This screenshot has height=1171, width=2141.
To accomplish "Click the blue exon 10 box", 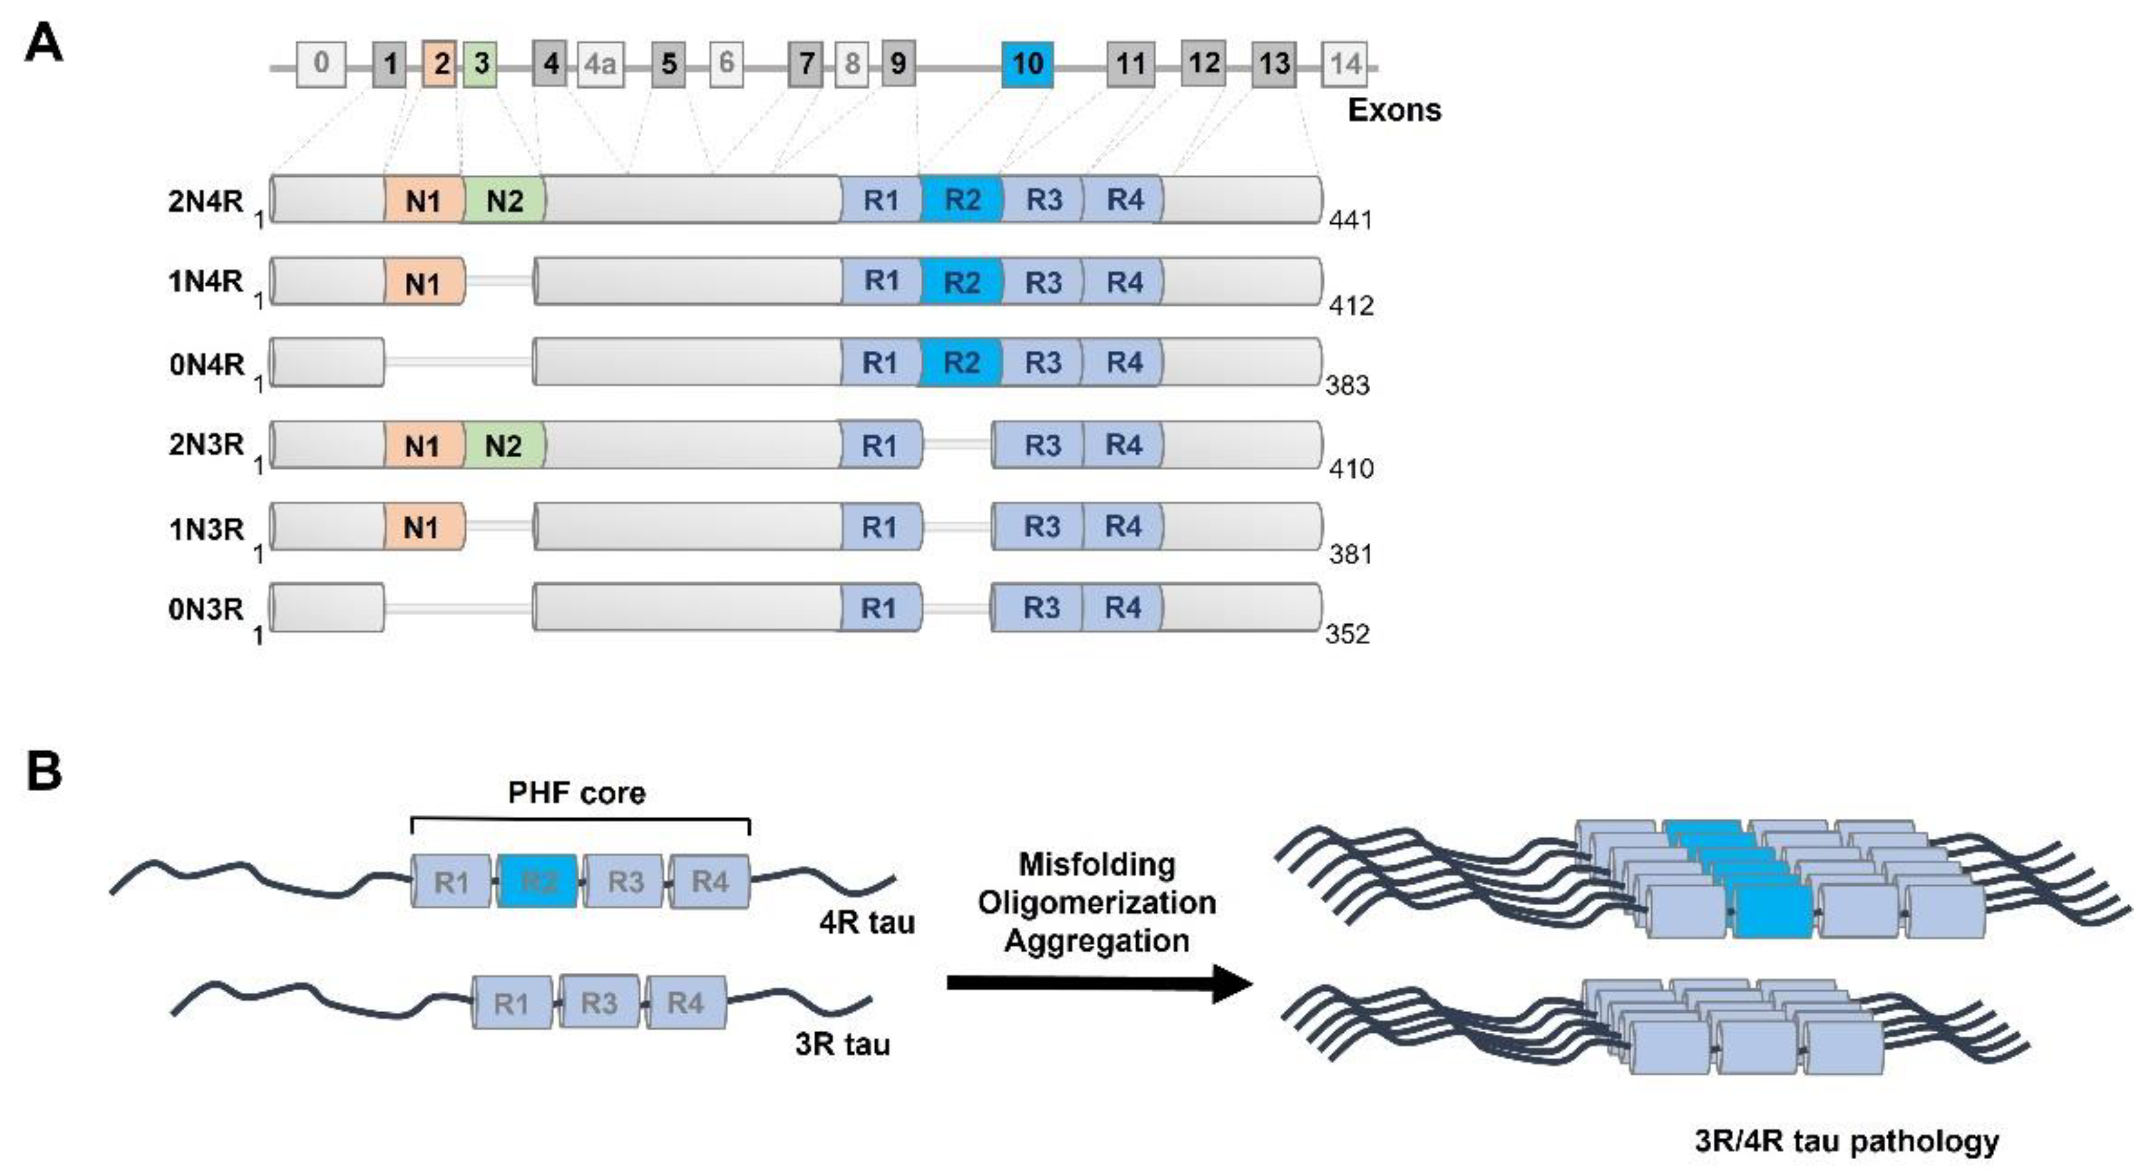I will point(1027,64).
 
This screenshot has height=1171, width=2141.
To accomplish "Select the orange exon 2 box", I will point(441,64).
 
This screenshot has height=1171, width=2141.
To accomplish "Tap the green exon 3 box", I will point(480,64).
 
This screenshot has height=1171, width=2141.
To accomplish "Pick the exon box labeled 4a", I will point(600,64).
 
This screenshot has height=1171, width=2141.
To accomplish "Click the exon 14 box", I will point(1345,64).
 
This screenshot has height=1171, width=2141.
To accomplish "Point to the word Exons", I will point(1394,110).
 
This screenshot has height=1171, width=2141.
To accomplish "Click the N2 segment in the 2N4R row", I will point(504,200).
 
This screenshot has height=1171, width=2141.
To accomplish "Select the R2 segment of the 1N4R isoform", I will point(962,282).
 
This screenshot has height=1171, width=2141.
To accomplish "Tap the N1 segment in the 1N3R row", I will point(421,527).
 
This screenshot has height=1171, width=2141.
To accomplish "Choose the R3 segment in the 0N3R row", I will point(1041,608).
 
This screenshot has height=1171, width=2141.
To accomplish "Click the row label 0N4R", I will point(206,364).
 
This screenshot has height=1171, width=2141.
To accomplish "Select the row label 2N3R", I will point(206,445).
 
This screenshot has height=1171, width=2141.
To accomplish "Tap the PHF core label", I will point(577,793).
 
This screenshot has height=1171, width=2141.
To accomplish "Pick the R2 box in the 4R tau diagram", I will point(538,881).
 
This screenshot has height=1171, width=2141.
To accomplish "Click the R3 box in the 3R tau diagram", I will point(599,1003).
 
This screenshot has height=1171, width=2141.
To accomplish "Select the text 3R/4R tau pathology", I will point(1847,1141).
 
